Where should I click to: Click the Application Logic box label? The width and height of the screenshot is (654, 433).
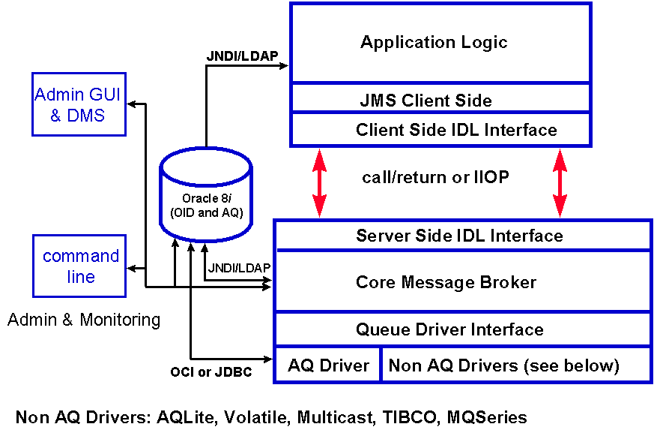[x=434, y=42]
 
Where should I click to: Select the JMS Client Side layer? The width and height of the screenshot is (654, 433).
[x=426, y=100]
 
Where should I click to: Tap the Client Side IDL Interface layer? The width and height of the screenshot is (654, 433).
[x=456, y=130]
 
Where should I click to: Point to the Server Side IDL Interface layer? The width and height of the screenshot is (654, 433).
[x=459, y=236]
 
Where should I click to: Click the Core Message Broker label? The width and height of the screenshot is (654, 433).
[x=446, y=282]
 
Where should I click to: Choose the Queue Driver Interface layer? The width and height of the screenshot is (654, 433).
[x=449, y=329]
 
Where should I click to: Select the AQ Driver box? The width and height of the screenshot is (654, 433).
[x=328, y=365]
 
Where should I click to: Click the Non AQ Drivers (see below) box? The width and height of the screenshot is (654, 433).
[x=503, y=365]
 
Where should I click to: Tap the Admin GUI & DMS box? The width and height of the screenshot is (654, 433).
[x=77, y=105]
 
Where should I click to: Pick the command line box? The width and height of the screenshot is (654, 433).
[x=80, y=266]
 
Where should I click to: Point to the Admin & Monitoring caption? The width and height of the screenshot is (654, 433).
[x=84, y=320]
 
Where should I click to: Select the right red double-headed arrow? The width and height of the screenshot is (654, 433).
[x=560, y=183]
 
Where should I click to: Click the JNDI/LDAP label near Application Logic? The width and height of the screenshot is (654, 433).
[x=234, y=56]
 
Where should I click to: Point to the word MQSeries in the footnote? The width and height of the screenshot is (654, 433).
[x=487, y=417]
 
